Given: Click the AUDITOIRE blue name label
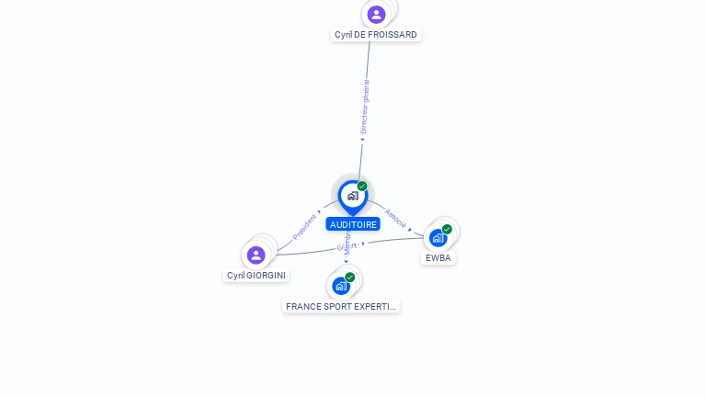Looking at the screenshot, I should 353,224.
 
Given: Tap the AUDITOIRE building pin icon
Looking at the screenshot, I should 352,196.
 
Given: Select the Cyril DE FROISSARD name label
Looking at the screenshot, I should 376,35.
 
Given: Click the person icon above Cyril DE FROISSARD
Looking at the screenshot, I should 376,14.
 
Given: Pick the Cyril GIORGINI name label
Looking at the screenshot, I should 256,276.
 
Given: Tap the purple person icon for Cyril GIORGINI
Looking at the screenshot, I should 256,255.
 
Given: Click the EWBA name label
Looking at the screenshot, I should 438,258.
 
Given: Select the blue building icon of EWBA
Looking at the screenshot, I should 438,238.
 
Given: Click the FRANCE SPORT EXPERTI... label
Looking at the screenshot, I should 341,307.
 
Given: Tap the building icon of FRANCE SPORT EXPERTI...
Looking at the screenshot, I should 341,286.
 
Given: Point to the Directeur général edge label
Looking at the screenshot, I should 365,108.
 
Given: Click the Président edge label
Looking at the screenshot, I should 305,227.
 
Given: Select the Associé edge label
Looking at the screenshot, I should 395,218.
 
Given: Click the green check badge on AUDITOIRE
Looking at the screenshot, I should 362,187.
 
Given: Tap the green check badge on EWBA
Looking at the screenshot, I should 447,229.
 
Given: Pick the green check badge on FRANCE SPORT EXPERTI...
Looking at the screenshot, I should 350,277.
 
